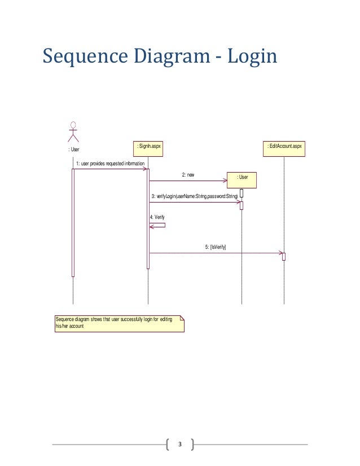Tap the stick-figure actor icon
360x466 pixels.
coord(73,131)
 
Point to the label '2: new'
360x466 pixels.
coord(188,175)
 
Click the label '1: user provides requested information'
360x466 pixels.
coord(111,163)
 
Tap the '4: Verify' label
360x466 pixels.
coord(157,217)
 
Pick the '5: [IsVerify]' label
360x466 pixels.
coord(216,247)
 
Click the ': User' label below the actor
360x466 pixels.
coord(74,150)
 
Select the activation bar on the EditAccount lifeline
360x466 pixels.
coord(284,257)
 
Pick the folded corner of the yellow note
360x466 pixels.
coord(181,318)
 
